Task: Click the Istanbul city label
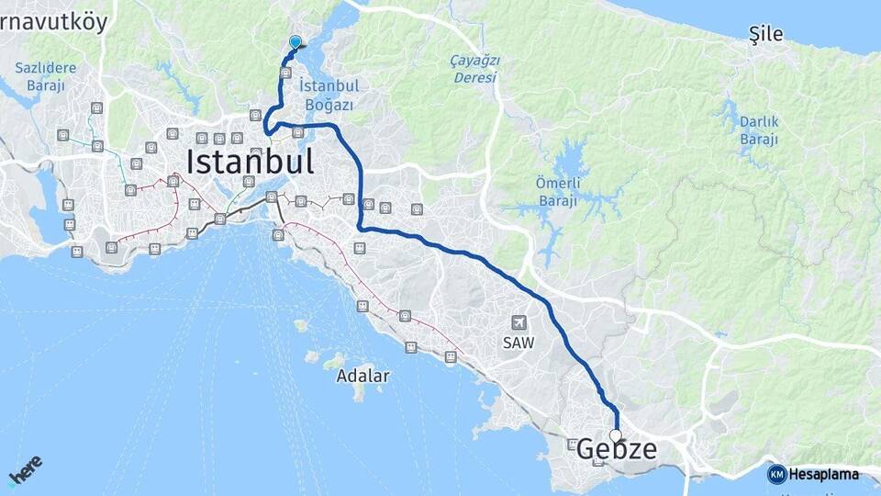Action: [250, 162]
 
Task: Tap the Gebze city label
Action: [617, 449]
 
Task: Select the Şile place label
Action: [765, 35]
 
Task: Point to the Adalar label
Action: [362, 376]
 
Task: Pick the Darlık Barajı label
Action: [758, 130]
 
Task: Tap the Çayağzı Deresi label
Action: [474, 69]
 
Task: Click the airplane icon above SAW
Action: [519, 323]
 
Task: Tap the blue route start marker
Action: [295, 41]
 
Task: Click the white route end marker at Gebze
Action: [615, 435]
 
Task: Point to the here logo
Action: [26, 469]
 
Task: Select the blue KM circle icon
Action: [777, 474]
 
